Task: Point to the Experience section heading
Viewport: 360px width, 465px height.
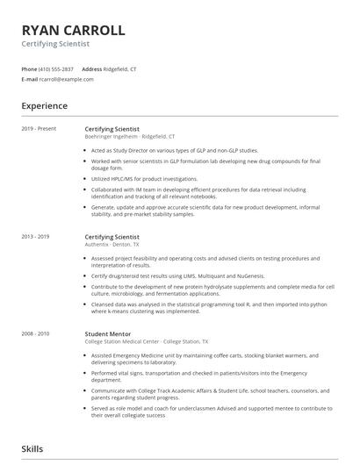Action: coord(45,106)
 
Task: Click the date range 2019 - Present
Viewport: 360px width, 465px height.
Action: coord(39,129)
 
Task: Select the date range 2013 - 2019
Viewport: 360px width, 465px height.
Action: coord(36,237)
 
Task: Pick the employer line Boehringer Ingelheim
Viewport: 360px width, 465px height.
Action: coord(129,136)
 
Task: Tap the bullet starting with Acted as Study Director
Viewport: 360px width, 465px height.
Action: coord(169,150)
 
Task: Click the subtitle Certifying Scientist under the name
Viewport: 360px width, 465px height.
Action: coord(55,43)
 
